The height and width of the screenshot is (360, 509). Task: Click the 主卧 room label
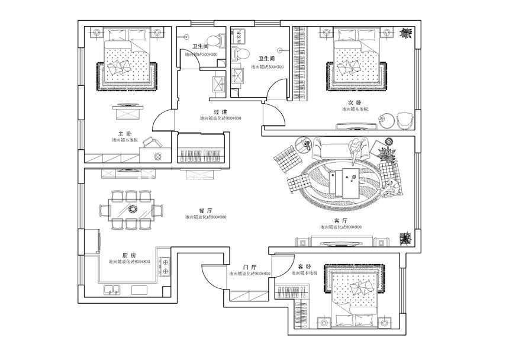click(x=124, y=133)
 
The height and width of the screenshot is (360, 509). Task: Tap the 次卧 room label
click(x=355, y=102)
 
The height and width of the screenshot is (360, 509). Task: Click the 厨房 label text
click(x=123, y=255)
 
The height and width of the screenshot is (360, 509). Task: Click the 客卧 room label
click(x=304, y=266)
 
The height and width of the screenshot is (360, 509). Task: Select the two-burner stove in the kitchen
click(x=164, y=266)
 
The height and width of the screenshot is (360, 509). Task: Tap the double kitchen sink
click(x=112, y=290)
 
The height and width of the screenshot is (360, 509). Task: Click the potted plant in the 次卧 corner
click(x=406, y=33)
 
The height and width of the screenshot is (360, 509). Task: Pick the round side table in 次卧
click(x=385, y=119)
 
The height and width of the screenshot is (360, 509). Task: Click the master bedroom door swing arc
click(x=163, y=121)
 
